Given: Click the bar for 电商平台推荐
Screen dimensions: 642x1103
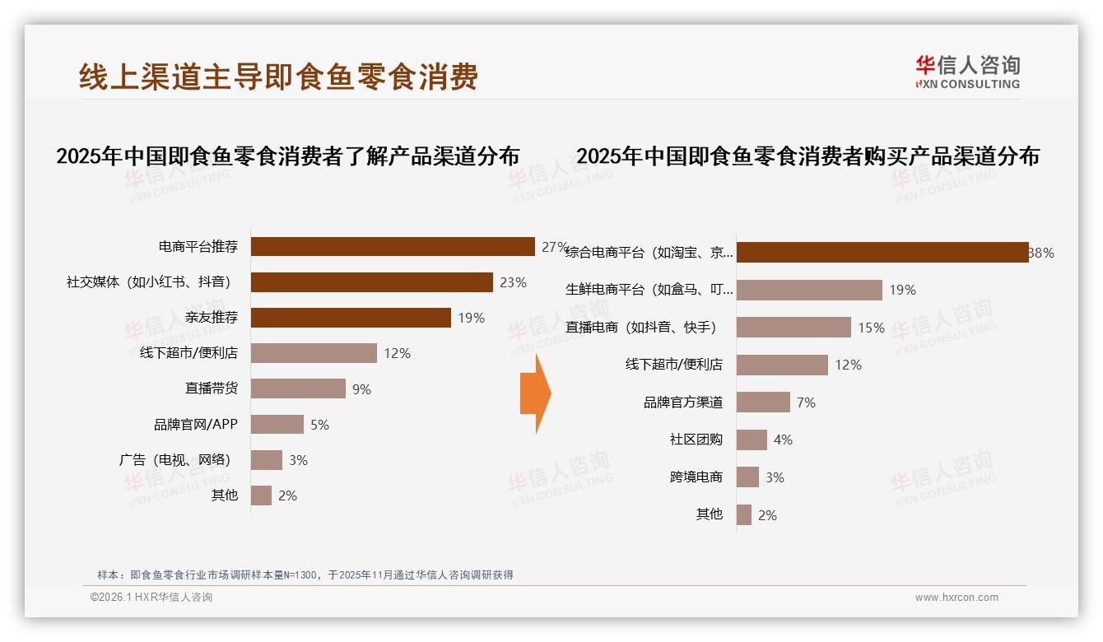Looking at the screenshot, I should [x=393, y=247].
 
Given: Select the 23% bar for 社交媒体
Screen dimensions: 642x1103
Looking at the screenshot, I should [x=371, y=282].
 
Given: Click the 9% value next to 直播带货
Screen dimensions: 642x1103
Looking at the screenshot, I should [x=362, y=389].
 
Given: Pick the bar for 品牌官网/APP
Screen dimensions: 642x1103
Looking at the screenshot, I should [x=277, y=425].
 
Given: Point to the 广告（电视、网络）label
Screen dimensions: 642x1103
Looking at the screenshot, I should [x=175, y=460].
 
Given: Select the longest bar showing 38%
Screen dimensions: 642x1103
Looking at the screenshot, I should [x=882, y=253].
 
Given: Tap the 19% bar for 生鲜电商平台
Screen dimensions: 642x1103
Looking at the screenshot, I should [x=809, y=290].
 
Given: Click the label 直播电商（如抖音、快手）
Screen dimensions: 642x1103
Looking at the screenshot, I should [x=641, y=328].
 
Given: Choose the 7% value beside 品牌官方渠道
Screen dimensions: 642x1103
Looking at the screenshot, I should [x=806, y=402].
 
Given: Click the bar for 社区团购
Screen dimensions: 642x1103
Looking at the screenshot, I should [x=752, y=440].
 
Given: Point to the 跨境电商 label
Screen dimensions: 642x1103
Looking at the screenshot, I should [x=696, y=477].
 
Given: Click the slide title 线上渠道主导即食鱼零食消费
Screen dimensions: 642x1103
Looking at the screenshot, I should [x=278, y=77].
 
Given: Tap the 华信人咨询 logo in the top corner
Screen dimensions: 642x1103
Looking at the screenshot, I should [x=967, y=72].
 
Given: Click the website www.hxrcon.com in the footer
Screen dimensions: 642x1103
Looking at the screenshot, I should [x=956, y=598].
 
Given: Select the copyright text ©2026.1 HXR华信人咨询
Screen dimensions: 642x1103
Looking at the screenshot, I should [x=151, y=598].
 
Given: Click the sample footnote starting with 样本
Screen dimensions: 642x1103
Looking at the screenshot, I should [x=305, y=575].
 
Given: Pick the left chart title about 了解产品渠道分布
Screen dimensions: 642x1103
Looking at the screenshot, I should [x=288, y=156].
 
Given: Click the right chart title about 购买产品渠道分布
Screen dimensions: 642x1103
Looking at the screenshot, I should [x=807, y=156].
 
